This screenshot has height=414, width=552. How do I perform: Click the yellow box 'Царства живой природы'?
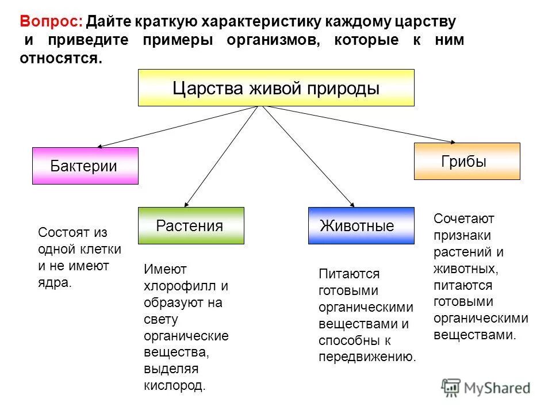click(276, 88)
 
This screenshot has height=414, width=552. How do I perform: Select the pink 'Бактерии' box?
click(85, 166)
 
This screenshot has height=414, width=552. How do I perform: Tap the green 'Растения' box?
click(191, 226)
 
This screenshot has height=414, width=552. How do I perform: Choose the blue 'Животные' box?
click(361, 226)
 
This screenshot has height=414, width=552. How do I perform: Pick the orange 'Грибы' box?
click(466, 162)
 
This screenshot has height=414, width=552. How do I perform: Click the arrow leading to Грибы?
click(356, 124)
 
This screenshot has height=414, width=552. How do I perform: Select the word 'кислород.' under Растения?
click(174, 386)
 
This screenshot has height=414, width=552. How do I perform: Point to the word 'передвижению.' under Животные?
click(367, 357)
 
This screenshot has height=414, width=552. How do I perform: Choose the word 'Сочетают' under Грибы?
click(464, 218)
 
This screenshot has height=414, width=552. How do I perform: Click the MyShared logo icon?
click(451, 387)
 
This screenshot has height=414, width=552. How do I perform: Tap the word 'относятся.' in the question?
click(61, 58)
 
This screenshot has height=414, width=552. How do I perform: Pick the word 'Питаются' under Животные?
click(349, 274)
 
